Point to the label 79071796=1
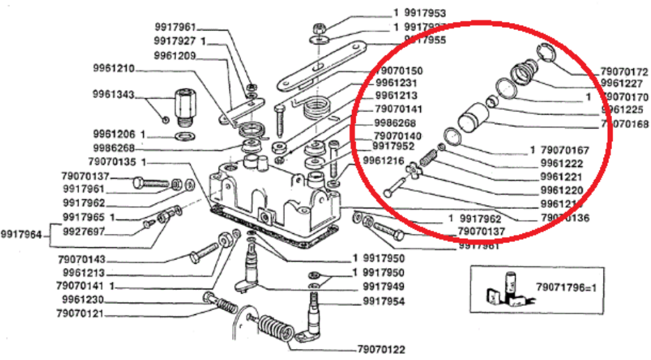[x=566, y=286]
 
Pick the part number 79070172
[x=624, y=71]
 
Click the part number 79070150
[x=399, y=71]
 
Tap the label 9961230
[x=83, y=300]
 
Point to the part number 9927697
[x=83, y=231]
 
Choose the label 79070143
[x=83, y=259]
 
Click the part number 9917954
[x=384, y=301]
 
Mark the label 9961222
[x=561, y=163]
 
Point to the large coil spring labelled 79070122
[x=272, y=330]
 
